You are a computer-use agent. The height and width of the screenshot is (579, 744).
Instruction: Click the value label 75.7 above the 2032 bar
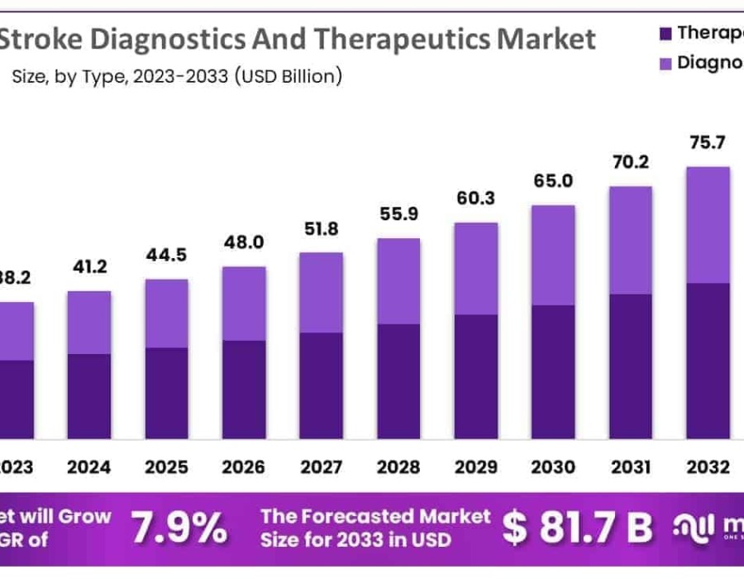tap(708, 142)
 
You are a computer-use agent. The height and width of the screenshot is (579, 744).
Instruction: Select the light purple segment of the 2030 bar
tap(553, 255)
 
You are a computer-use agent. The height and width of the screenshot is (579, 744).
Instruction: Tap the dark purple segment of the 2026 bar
tap(243, 389)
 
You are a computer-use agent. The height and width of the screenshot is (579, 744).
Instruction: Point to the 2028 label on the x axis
tap(398, 467)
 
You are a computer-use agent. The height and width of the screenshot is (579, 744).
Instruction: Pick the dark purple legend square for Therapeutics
tap(665, 34)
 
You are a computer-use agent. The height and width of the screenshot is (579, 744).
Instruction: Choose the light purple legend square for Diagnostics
tap(665, 64)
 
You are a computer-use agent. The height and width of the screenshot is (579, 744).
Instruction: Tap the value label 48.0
tap(243, 242)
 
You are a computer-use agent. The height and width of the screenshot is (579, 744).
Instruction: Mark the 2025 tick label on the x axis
tap(166, 467)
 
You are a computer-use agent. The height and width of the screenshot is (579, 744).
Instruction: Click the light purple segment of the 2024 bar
tap(89, 323)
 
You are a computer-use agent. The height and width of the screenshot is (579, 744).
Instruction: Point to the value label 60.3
tap(475, 199)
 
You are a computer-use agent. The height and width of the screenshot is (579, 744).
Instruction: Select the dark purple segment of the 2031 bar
tap(630, 365)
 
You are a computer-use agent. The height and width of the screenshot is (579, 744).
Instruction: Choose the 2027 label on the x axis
tap(321, 467)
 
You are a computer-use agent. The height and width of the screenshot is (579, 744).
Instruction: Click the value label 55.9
tap(398, 214)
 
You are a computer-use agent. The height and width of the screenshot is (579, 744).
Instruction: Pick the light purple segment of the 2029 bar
tap(475, 269)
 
